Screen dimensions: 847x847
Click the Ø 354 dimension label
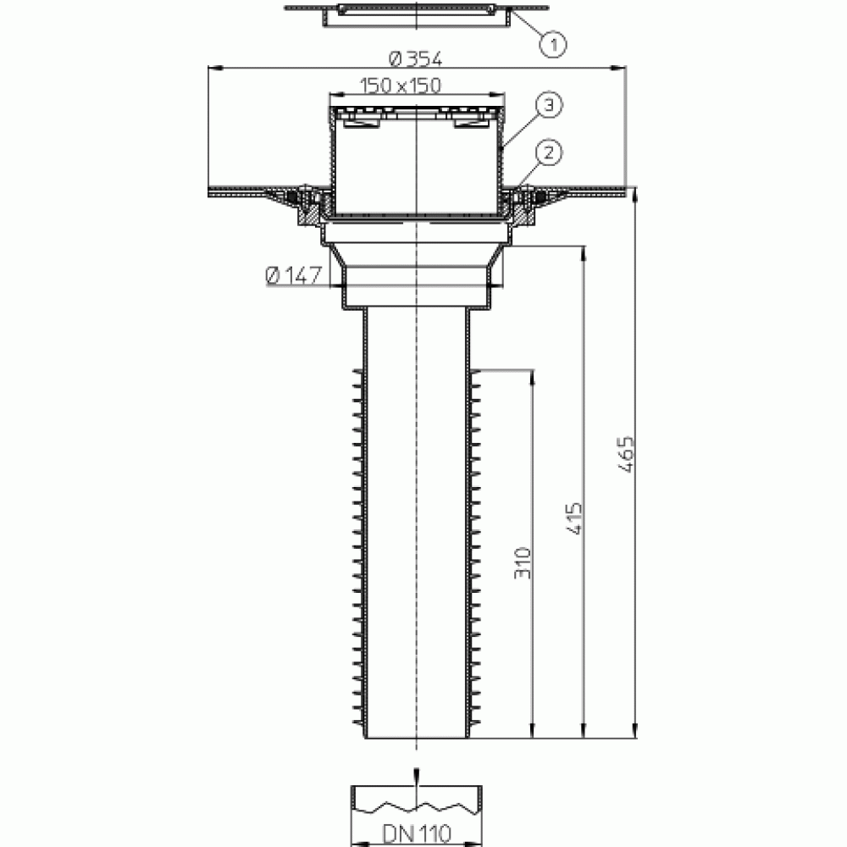[x=415, y=58]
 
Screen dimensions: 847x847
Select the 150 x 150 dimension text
[x=401, y=86]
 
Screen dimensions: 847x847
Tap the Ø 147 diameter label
[x=294, y=275]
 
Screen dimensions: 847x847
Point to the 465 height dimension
[x=626, y=454]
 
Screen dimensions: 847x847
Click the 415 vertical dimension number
[x=575, y=518]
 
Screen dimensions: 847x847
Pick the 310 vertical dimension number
[x=523, y=563]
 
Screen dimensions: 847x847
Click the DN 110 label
[x=417, y=833]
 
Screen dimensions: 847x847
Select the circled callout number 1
[x=552, y=44]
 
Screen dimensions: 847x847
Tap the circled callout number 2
[x=549, y=152]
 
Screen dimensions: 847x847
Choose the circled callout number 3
[x=549, y=104]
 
